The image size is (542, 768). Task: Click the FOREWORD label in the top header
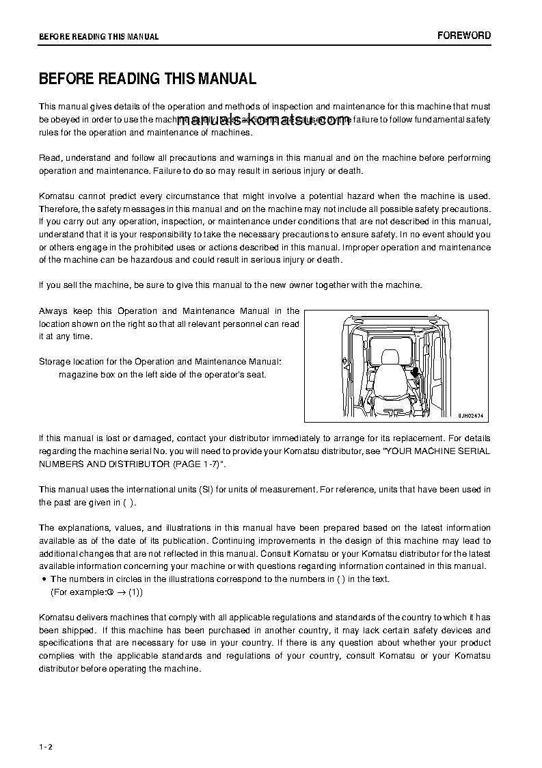point(464,36)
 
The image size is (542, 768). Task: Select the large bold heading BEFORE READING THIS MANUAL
point(148,79)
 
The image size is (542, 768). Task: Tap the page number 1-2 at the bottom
point(46,745)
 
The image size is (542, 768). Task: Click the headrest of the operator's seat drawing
point(390,357)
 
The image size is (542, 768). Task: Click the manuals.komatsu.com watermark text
point(263,121)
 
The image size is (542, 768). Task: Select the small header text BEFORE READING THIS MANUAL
point(98,37)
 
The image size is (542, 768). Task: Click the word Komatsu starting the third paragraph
point(56,196)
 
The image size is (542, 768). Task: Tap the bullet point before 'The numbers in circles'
point(44,579)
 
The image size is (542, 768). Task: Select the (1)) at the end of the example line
point(136,592)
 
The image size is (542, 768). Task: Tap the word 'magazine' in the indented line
point(77,374)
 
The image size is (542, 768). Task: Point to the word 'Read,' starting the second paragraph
point(50,158)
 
